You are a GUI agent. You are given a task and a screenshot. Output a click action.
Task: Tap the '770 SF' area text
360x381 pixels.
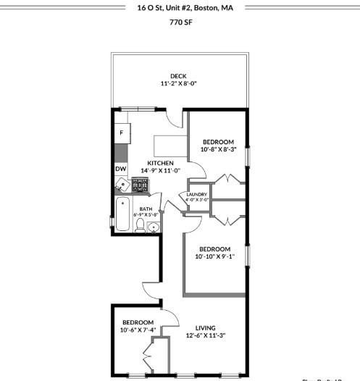pyautogui.click(x=180, y=22)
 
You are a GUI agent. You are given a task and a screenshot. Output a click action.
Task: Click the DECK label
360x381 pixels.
pyautogui.click(x=178, y=76)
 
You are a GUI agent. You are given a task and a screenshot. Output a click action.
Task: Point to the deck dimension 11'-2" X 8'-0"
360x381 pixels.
pyautogui.click(x=178, y=84)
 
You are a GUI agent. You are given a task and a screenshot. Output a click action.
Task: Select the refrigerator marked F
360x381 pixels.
pyautogui.click(x=121, y=133)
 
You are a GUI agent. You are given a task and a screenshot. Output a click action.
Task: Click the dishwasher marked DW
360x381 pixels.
pyautogui.click(x=120, y=169)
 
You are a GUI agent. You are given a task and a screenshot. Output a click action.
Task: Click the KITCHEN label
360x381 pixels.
pyautogui.click(x=160, y=163)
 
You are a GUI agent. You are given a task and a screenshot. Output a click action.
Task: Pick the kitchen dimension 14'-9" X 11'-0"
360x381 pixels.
pyautogui.click(x=160, y=171)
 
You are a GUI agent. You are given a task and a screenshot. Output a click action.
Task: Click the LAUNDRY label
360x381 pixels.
pyautogui.click(x=196, y=194)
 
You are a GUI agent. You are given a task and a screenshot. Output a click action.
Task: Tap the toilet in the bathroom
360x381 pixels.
pyautogui.click(x=140, y=226)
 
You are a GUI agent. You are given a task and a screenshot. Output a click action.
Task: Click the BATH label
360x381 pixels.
pyautogui.click(x=146, y=209)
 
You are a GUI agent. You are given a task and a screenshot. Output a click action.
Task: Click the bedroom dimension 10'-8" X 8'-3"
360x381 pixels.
pyautogui.click(x=218, y=149)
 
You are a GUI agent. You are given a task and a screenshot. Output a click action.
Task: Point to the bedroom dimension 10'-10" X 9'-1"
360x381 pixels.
pyautogui.click(x=215, y=256)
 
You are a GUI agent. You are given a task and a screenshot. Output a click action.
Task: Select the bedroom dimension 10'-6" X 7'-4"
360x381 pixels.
pyautogui.click(x=138, y=330)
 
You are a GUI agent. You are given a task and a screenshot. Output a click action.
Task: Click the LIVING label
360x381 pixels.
pyautogui.click(x=205, y=327)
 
